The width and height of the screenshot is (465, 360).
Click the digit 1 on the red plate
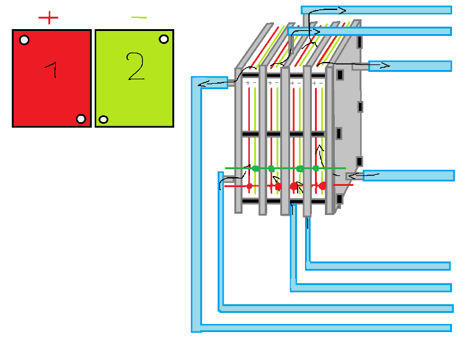pos(53,71)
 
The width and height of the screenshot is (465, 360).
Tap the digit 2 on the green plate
pos(135,68)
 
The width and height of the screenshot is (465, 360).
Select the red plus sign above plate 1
pos(48,17)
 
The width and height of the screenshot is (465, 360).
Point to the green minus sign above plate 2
pos(139,17)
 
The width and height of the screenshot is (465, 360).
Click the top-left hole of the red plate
pos(24,40)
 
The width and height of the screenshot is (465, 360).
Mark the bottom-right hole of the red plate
pos(81,118)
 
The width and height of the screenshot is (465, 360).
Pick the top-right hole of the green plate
pos(164,39)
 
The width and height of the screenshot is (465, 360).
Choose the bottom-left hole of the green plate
pos(104,119)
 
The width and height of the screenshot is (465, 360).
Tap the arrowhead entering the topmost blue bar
pos(343,10)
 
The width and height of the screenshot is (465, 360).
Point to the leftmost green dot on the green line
pos(255,168)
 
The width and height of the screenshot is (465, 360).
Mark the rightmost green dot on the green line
pos(316,168)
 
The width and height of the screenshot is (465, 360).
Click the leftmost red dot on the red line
pos(249,186)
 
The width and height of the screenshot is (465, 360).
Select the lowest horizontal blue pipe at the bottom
pos(329,327)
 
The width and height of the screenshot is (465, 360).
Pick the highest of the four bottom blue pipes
pos(378,266)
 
